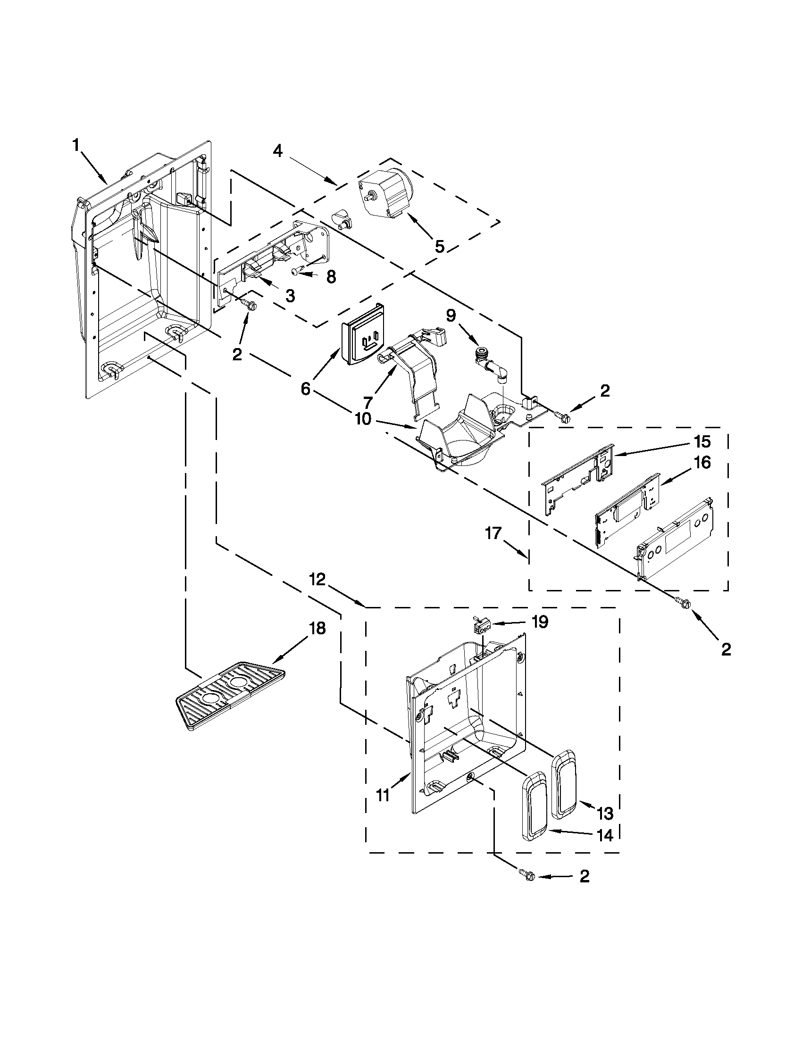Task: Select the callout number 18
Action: coord(317,628)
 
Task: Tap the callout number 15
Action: coord(702,441)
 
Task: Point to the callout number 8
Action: coord(331,277)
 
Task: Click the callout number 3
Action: coord(290,295)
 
